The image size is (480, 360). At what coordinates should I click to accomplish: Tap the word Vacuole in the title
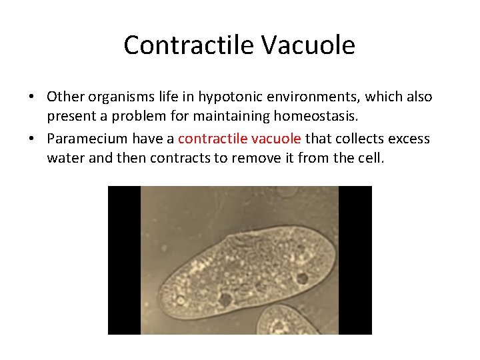308,45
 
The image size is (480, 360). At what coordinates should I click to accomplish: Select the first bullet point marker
31,97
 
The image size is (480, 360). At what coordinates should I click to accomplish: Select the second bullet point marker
31,139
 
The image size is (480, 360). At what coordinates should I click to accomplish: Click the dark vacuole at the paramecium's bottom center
225,300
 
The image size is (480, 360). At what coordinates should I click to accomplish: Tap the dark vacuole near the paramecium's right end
302,278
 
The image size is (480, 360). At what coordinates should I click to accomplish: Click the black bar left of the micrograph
124,260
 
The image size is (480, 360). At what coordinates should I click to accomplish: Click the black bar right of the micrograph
355,260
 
